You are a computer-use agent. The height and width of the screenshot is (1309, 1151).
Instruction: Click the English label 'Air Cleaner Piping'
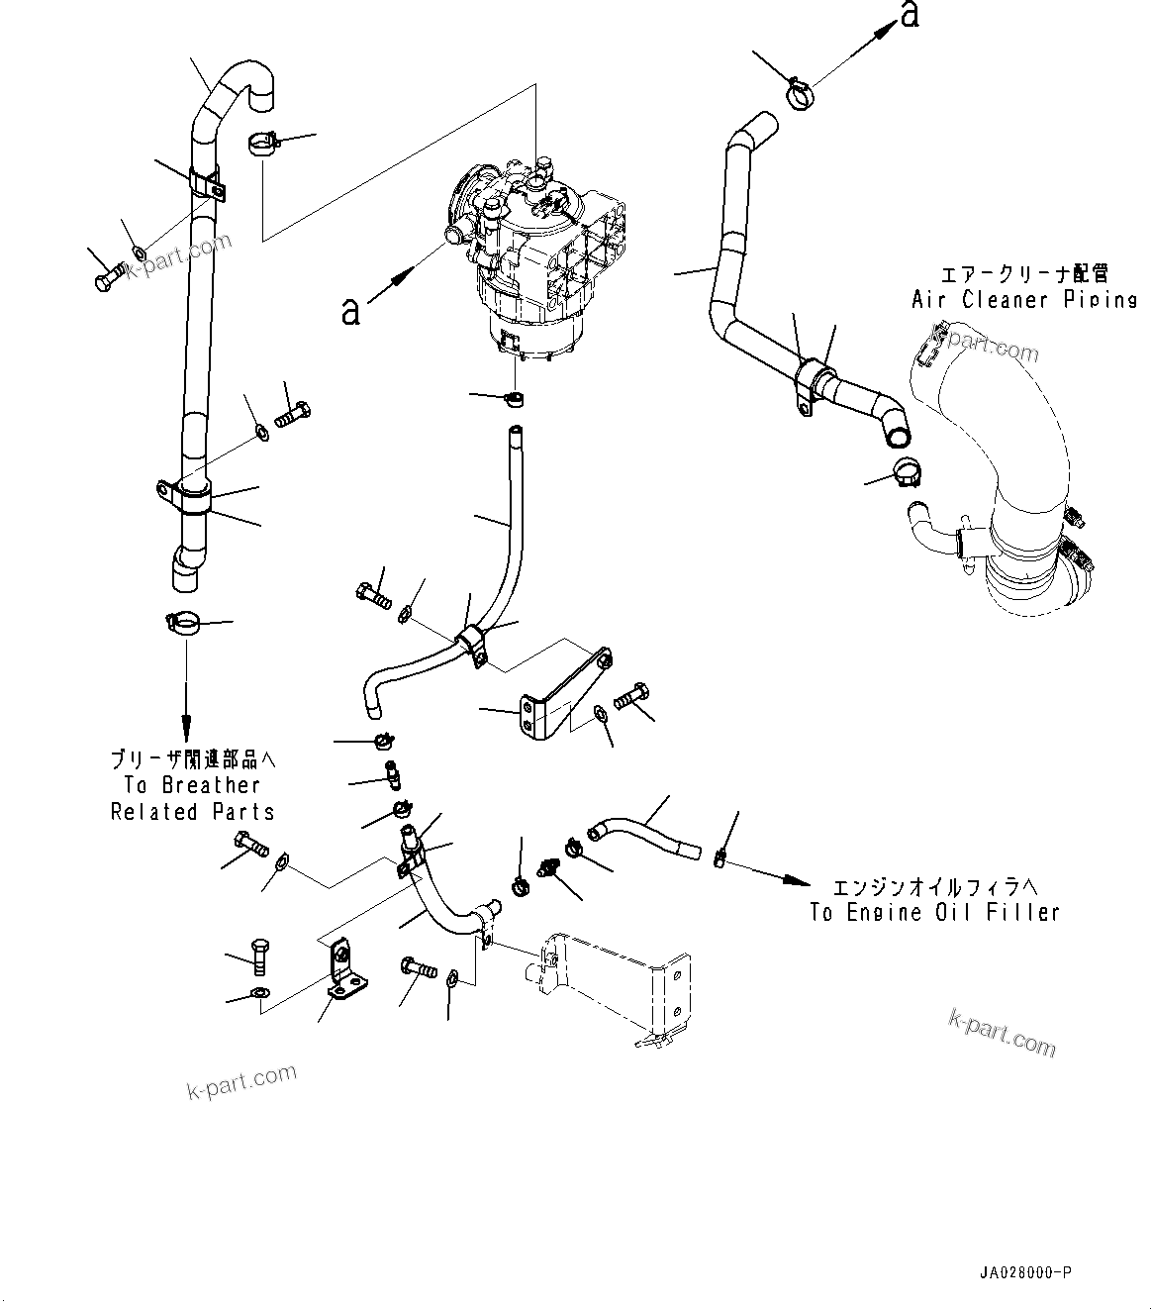[1023, 299]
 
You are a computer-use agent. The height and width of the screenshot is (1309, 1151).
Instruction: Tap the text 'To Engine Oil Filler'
[934, 913]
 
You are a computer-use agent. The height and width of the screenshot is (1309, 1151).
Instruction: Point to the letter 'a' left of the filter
[349, 311]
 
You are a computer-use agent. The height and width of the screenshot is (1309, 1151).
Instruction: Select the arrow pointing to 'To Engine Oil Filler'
[762, 871]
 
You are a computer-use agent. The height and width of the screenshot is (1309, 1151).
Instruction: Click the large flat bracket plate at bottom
[614, 985]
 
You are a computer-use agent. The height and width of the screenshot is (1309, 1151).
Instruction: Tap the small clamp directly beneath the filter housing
[513, 399]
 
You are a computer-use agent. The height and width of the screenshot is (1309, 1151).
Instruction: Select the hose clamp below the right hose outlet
[906, 473]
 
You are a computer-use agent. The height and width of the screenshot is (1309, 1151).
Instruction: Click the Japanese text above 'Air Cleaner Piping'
[1023, 273]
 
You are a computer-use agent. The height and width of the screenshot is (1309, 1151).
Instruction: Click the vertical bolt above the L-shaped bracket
[258, 955]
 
